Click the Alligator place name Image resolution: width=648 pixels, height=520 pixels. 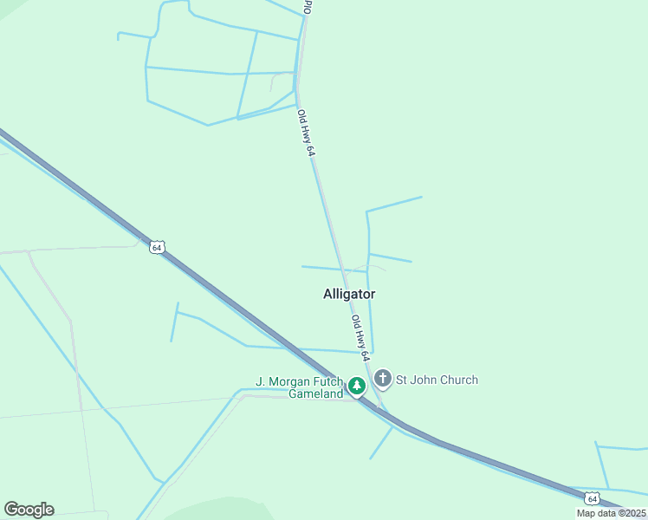coord(349,294)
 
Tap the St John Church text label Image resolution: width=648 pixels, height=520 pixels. coord(437,380)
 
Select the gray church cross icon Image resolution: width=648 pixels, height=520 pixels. coord(383,380)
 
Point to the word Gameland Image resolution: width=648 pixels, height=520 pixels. coord(316,393)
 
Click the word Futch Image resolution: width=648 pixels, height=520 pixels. coord(330,381)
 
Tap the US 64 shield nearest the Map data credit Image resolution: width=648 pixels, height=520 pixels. coord(592,498)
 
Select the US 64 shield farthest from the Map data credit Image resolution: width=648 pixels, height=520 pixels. coord(156,247)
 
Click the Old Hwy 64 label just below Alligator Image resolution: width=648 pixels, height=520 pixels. coord(360,338)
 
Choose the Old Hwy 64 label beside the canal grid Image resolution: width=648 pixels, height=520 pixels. coord(305,133)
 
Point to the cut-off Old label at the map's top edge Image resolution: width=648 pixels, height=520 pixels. coord(307,6)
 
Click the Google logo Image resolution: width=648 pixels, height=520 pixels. coord(29,510)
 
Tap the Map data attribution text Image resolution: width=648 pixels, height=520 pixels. coord(611,513)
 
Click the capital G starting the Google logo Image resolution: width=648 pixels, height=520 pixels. coord(11,510)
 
